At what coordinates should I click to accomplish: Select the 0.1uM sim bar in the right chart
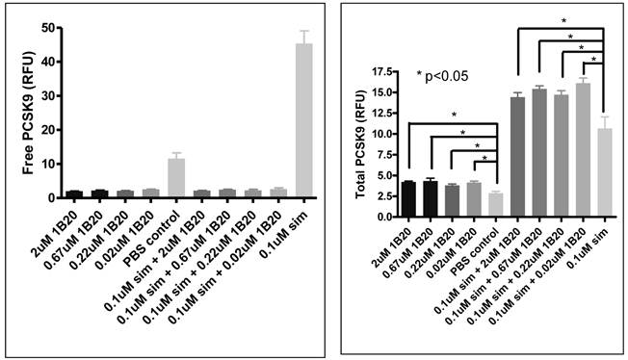[x=603, y=173]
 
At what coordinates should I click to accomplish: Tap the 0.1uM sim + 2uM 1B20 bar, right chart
[x=516, y=157]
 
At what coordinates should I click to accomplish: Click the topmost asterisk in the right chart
[x=563, y=20]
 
